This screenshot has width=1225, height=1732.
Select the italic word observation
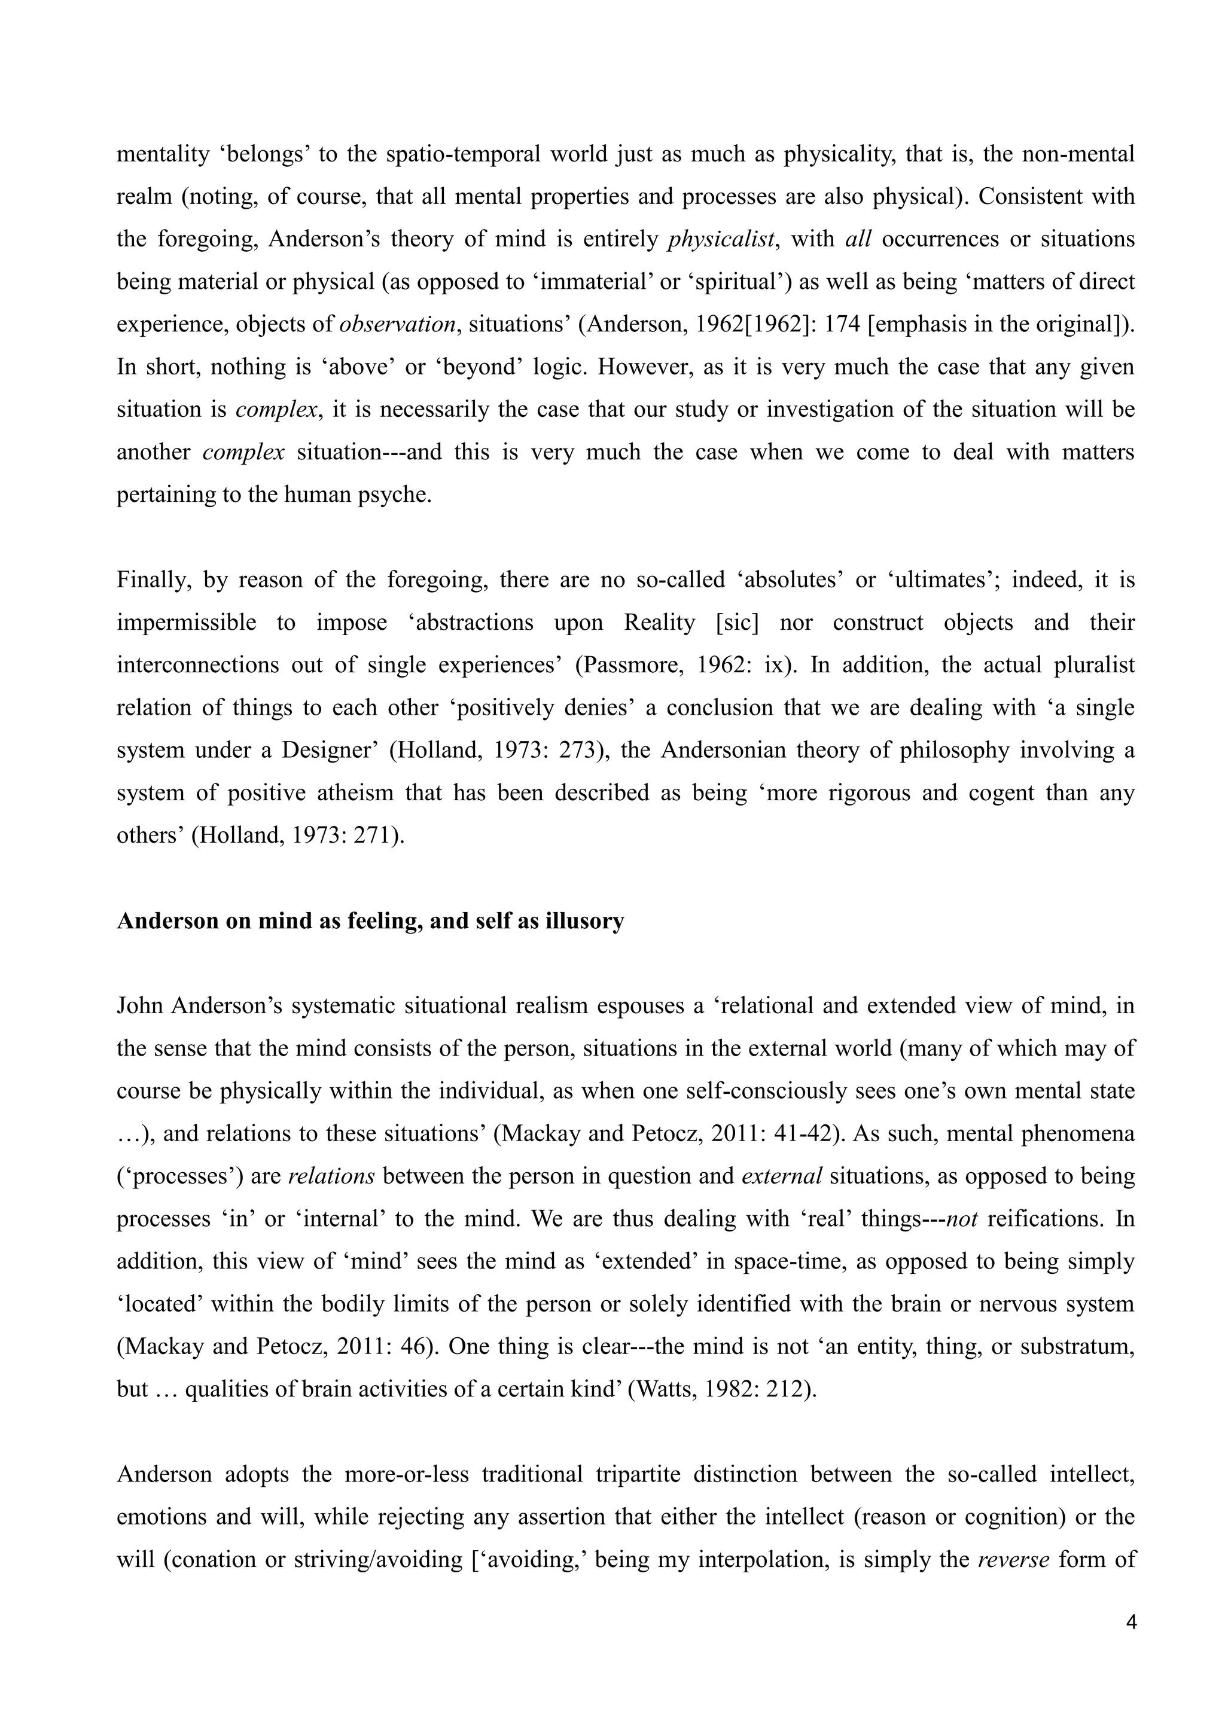click(x=398, y=324)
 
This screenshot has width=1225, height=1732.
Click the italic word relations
click(x=331, y=1176)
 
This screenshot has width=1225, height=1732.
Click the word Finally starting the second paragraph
click(x=150, y=580)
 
